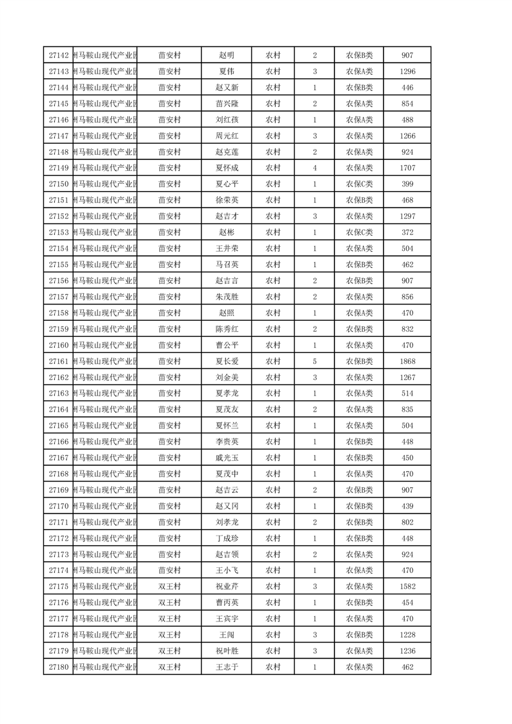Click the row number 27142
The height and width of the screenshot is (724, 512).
59,55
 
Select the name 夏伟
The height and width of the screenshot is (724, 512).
227,72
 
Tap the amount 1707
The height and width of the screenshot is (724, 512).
407,168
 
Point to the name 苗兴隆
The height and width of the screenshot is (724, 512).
227,104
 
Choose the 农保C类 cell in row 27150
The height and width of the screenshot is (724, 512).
359,185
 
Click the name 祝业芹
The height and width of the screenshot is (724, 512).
227,587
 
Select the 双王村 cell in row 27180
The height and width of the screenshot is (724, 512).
169,667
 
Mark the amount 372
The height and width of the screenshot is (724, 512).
407,232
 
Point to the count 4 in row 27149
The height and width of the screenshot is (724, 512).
314,168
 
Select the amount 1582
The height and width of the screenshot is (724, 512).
407,587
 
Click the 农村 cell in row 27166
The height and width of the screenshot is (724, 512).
272,442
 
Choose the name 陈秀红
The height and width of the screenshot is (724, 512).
227,329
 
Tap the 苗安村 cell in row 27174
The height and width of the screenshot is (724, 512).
169,570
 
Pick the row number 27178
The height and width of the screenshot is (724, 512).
59,635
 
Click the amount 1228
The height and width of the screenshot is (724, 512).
407,635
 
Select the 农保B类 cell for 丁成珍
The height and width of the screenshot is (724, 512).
359,538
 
